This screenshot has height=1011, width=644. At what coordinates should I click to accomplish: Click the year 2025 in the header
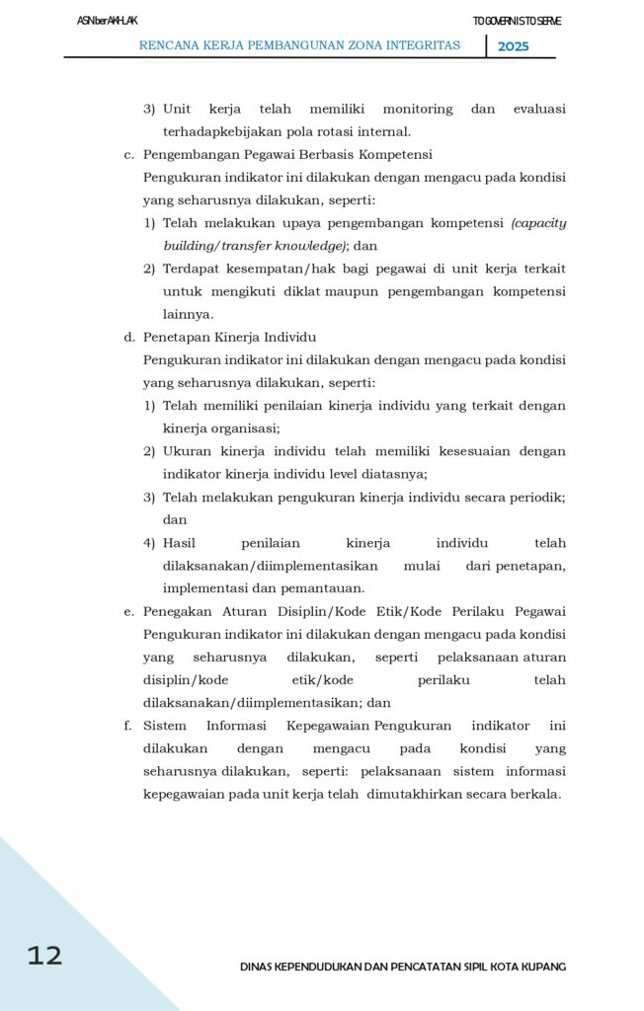coord(513,46)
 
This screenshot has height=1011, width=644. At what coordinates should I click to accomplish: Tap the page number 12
coord(44,955)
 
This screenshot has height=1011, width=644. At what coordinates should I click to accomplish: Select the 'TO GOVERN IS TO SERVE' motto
coord(517,21)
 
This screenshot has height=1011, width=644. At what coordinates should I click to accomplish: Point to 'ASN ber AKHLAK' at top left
coord(108,21)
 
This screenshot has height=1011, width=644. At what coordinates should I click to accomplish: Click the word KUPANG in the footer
coord(543,967)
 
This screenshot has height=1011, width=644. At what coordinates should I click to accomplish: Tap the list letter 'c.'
coord(128,155)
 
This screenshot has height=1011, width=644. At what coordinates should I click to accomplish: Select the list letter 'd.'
coord(128,337)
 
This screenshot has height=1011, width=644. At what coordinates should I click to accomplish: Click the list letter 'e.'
coord(128,611)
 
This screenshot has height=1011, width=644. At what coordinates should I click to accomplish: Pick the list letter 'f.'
coord(127,726)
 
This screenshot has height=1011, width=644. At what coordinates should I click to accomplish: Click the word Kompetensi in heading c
coord(395,155)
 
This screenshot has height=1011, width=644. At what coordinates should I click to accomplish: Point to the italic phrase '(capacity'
coord(538,223)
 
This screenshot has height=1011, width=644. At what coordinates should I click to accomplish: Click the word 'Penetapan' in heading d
coord(174,337)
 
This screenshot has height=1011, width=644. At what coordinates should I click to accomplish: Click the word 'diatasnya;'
coord(393,474)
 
